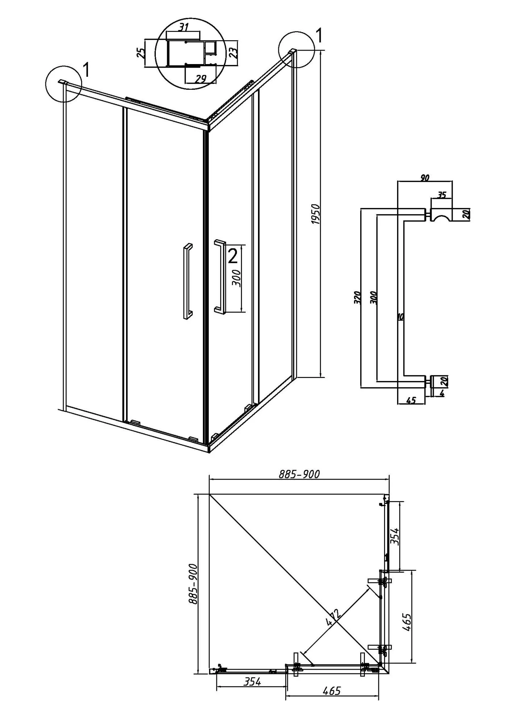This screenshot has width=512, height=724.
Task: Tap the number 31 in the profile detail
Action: (183, 26)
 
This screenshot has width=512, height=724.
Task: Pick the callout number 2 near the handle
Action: (232, 256)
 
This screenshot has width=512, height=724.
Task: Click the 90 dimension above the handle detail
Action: (425, 177)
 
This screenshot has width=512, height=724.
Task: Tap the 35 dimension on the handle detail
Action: (441, 195)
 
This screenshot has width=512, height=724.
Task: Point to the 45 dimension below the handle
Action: (411, 400)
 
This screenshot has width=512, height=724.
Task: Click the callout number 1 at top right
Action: (319, 36)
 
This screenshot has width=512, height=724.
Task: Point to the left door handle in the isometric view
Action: (188, 281)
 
